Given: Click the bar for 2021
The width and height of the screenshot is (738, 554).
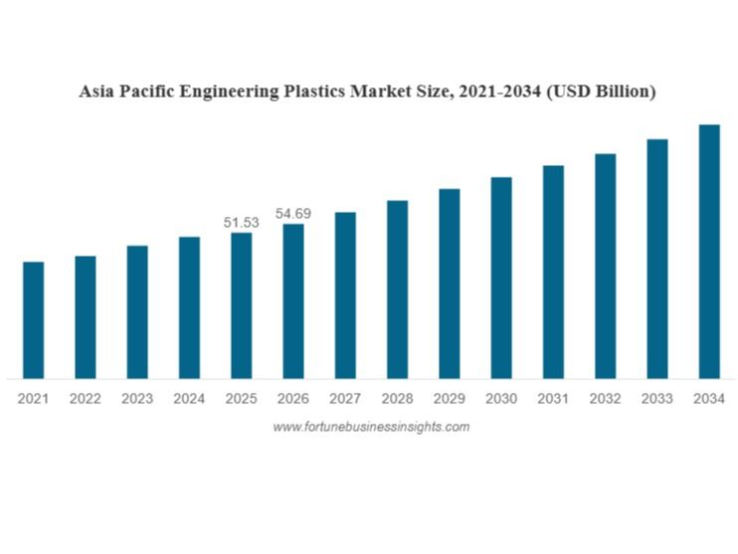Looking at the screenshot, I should pyautogui.click(x=33, y=319).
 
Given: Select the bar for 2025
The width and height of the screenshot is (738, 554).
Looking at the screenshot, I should pyautogui.click(x=241, y=305).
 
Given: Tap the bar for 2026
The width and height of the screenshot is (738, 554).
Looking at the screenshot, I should pyautogui.click(x=293, y=300).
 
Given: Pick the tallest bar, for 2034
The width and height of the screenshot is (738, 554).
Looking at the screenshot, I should pyautogui.click(x=709, y=251).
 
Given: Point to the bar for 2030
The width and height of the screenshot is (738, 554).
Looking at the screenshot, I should pyautogui.click(x=501, y=277).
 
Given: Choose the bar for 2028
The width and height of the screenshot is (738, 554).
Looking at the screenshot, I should pyautogui.click(x=397, y=289).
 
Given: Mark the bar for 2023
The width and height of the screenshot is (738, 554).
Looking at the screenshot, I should pyautogui.click(x=137, y=311).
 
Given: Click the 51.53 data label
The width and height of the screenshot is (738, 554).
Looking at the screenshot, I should pyautogui.click(x=241, y=223).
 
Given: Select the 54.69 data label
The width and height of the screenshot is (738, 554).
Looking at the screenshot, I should pyautogui.click(x=293, y=214).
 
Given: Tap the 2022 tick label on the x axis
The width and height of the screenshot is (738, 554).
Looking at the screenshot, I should pyautogui.click(x=85, y=399).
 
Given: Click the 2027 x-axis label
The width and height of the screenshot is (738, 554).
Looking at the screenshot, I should pyautogui.click(x=345, y=399).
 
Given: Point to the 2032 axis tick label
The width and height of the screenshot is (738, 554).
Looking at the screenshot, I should pyautogui.click(x=605, y=399).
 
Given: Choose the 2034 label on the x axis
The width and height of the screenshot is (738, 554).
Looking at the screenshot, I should pyautogui.click(x=709, y=399).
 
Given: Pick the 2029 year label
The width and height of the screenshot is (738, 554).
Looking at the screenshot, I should pyautogui.click(x=449, y=399).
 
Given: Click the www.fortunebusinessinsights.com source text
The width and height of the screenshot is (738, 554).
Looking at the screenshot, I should pyautogui.click(x=371, y=427).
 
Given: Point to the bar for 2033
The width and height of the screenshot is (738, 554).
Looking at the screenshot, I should pyautogui.click(x=656, y=259).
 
